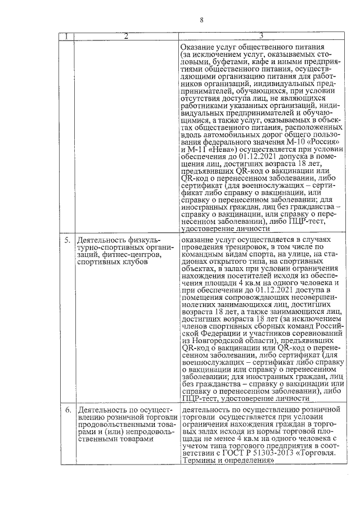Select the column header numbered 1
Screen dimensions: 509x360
(67, 37)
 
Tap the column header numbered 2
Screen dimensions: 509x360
(126, 37)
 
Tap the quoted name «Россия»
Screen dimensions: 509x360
(327, 141)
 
